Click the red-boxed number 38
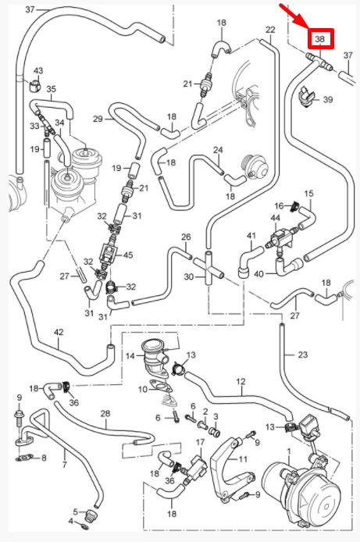coord(320,39)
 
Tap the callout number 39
coord(327,99)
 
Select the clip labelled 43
coord(35,86)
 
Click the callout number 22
coord(270,30)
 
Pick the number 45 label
coord(128,255)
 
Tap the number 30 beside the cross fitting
coord(189,277)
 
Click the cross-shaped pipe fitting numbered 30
coord(209,268)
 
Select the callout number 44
coord(276,218)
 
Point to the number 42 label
coord(59,332)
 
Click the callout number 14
coord(130,355)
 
